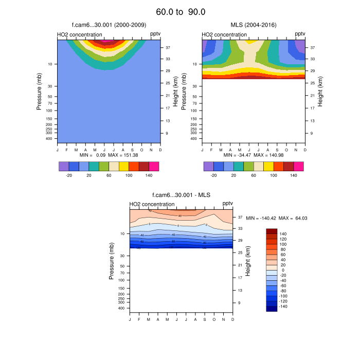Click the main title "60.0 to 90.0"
point(180,11)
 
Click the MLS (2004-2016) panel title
point(254,25)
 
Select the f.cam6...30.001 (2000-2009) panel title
point(109,25)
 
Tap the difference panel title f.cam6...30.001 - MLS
point(181,195)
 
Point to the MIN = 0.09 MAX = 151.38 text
point(109,155)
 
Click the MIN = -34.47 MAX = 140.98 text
point(254,155)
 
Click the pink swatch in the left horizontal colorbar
point(154,166)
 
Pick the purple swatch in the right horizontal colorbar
point(209,166)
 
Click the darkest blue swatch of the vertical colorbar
point(272,309)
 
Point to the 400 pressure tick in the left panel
point(50,138)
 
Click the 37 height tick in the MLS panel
point(312,47)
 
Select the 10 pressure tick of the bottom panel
point(122,233)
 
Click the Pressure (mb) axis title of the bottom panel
point(112,262)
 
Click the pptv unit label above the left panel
point(155,34)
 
